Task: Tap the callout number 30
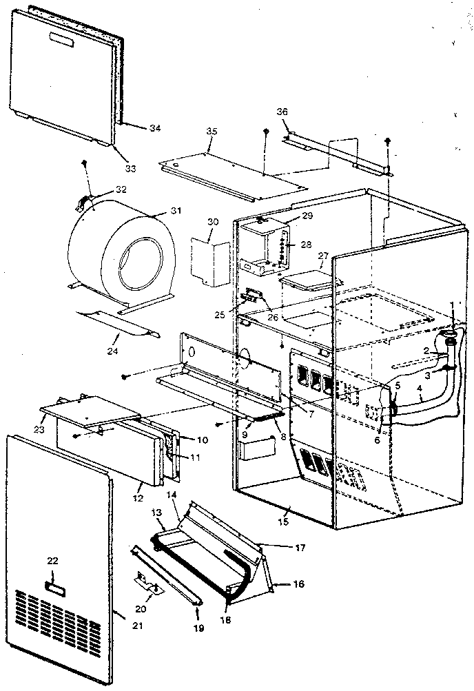click(x=213, y=222)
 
